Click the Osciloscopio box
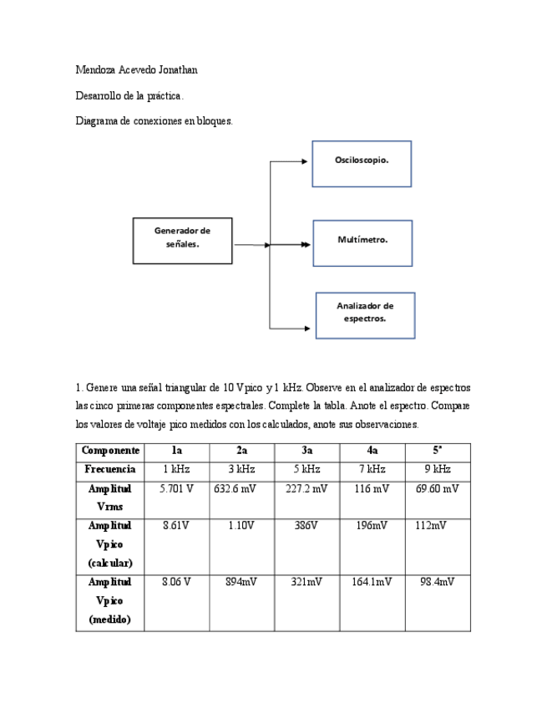tap(362, 163)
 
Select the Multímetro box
tap(362, 242)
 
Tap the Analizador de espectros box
tap(365, 314)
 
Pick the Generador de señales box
tap(182, 241)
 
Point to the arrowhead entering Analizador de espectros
tap(310, 327)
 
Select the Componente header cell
tap(110, 451)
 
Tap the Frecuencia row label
tap(110, 470)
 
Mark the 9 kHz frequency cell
tap(437, 470)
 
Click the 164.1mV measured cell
tap(372, 582)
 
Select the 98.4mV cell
tap(438, 582)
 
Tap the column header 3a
tap(307, 451)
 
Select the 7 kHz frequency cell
tap(372, 470)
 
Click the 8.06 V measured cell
tap(176, 582)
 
